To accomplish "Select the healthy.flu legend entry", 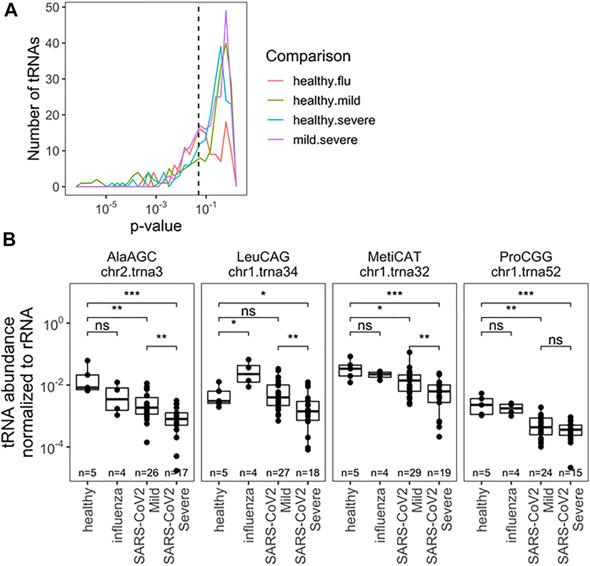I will [x=322, y=81].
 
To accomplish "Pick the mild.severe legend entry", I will [x=325, y=140].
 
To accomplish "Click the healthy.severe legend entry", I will [x=334, y=120].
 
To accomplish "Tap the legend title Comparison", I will [x=308, y=56].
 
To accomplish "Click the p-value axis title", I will [x=156, y=226].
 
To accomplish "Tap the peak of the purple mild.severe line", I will [x=226, y=11].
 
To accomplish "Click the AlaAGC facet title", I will [x=131, y=257].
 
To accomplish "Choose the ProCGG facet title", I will [x=525, y=257].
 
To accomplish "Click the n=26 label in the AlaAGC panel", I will [x=147, y=473].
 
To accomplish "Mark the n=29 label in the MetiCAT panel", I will [x=409, y=473].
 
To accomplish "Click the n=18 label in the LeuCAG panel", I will [x=308, y=473].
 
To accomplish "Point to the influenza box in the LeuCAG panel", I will [x=248, y=373].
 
